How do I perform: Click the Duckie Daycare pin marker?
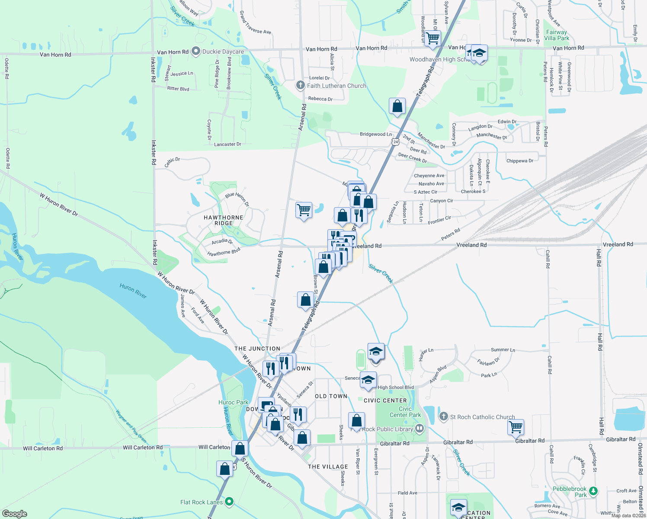click(196, 51)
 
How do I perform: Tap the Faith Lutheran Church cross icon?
click(301, 85)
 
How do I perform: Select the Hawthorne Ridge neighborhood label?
click(224, 220)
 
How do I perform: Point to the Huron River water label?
click(133, 291)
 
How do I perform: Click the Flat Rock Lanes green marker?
click(230, 502)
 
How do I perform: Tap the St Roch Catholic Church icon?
click(443, 416)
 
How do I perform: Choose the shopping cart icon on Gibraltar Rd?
click(516, 426)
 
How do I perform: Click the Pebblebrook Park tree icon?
click(593, 491)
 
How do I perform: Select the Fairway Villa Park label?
click(557, 35)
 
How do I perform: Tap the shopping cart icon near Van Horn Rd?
click(432, 38)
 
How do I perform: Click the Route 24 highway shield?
click(396, 142)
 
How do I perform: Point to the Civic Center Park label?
click(405, 412)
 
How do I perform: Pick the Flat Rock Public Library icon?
click(419, 428)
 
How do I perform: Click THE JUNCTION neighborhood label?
click(257, 349)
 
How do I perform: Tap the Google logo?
click(15, 513)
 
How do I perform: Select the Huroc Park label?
click(234, 402)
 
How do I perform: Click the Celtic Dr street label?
click(172, 162)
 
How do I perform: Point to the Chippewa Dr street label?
click(520, 161)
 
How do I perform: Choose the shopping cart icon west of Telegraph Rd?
click(304, 210)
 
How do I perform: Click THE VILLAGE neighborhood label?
click(328, 467)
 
